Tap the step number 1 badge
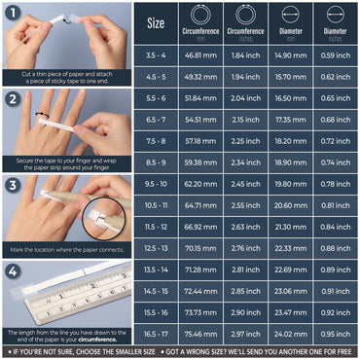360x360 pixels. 12,13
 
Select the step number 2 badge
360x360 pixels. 12,98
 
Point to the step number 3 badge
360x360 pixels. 12,184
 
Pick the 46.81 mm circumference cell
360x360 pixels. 200,56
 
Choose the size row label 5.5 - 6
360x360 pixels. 156,98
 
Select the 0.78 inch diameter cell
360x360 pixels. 335,184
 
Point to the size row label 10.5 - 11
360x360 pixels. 156,205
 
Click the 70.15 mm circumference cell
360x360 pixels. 200,248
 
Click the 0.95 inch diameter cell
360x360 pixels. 335,333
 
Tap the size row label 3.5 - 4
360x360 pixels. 156,56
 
